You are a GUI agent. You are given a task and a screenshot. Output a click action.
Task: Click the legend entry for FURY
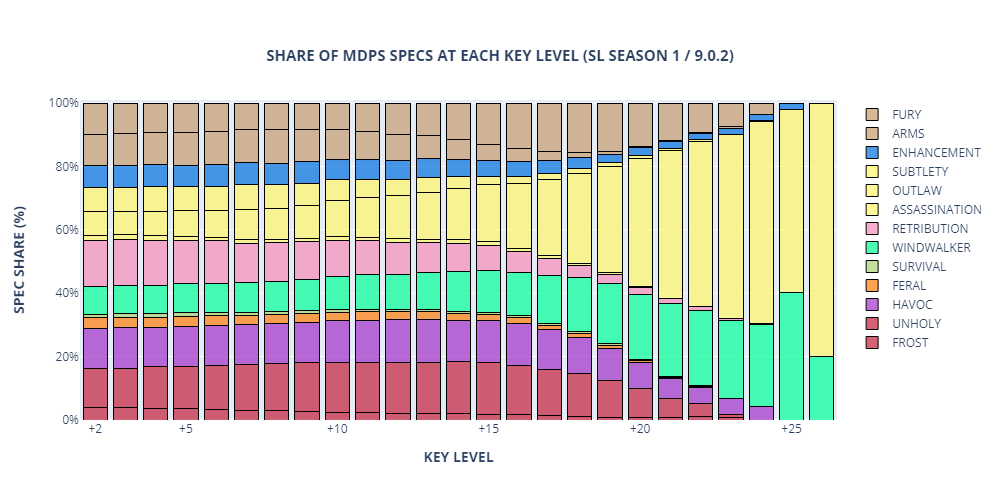906,115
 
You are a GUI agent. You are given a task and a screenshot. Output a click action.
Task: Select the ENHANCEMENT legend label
936,152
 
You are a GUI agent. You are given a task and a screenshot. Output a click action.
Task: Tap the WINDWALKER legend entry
931,247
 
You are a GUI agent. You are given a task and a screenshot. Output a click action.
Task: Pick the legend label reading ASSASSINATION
937,210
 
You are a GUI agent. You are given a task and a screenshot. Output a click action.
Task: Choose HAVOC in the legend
909,304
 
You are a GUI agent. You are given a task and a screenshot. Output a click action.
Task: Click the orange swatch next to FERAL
872,286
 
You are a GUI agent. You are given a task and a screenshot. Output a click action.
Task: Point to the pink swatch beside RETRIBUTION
872,228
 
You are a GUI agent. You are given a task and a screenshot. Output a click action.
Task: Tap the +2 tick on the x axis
95,429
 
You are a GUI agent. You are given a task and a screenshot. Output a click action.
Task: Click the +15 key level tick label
489,429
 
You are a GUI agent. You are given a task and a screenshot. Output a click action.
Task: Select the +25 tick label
791,429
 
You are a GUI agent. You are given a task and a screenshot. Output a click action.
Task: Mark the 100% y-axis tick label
63,103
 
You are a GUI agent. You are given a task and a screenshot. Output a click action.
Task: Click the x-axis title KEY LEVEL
459,457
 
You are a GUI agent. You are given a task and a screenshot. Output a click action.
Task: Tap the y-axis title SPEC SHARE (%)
20,260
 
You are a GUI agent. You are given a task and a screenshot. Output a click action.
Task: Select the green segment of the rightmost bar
822,388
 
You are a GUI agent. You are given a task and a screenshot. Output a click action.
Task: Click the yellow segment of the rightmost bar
822,230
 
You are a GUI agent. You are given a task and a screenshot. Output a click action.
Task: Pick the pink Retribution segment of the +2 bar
95,263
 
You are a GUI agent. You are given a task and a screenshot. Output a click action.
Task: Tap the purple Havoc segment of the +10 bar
337,342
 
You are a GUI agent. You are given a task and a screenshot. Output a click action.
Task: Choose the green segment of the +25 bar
791,356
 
